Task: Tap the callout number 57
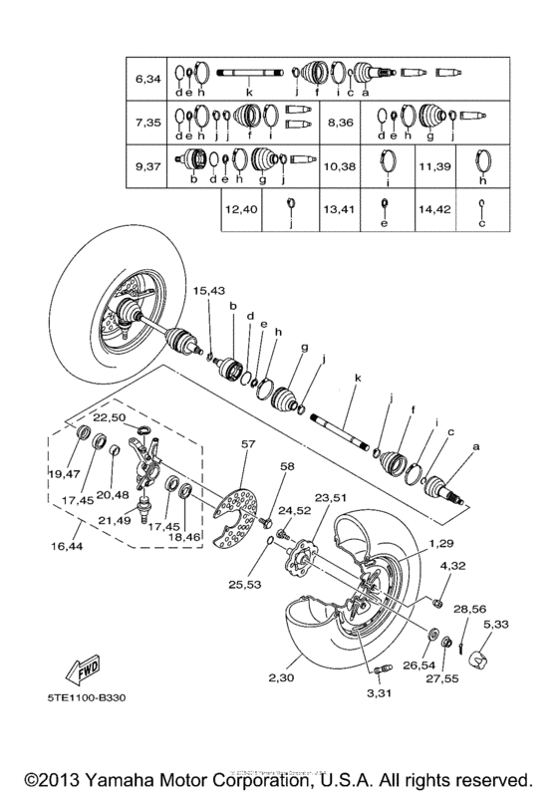pos(248,442)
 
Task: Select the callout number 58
pos(288,466)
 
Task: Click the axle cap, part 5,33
pos(481,659)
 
